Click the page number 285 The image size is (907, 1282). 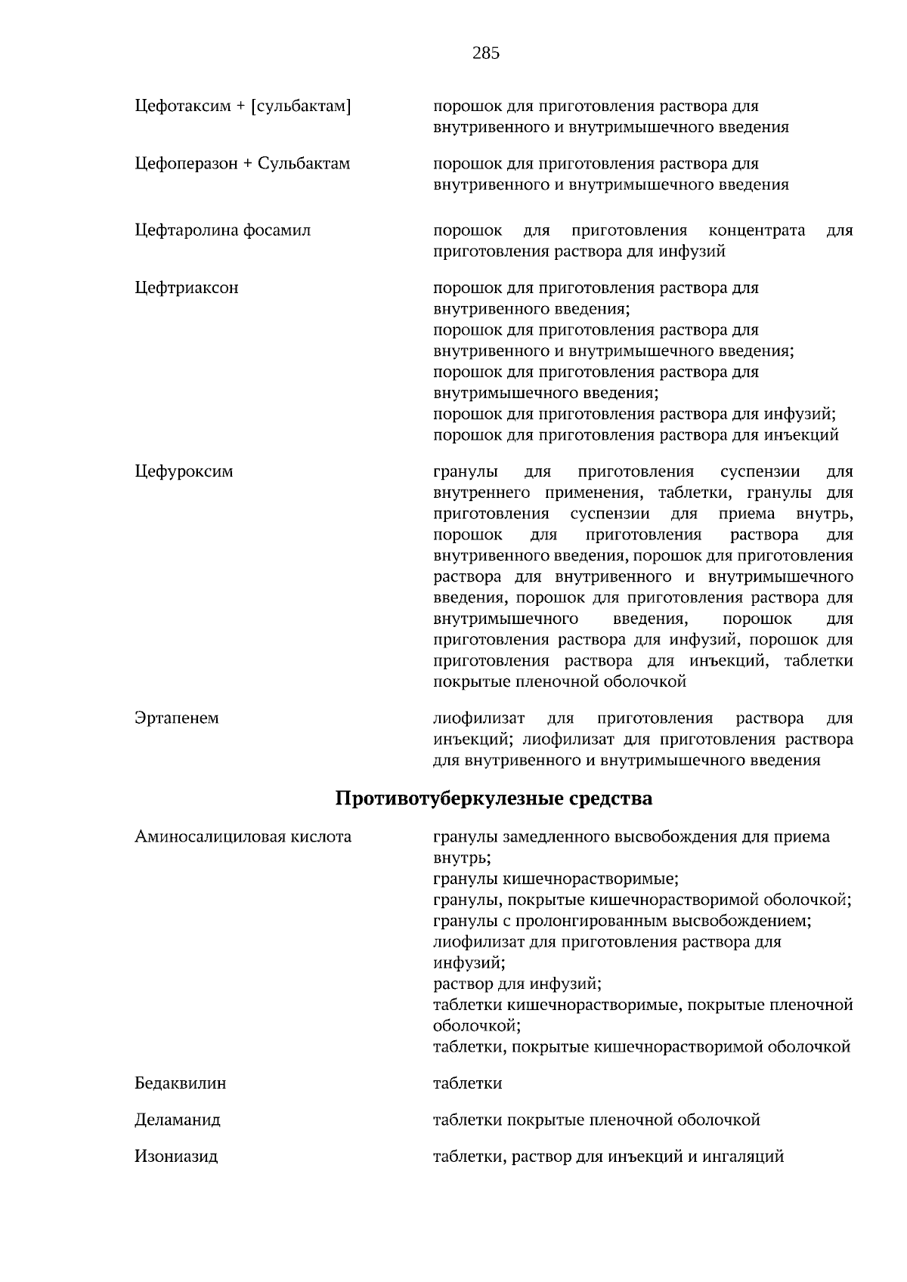(x=485, y=53)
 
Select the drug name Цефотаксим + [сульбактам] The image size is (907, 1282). (x=243, y=107)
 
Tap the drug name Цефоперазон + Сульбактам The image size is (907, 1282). (x=242, y=164)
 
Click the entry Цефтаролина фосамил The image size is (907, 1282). (x=222, y=230)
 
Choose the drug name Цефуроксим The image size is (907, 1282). (x=184, y=472)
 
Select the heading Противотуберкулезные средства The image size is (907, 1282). (x=493, y=799)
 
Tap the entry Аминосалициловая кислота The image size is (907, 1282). (x=243, y=837)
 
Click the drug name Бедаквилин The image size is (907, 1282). (x=180, y=1084)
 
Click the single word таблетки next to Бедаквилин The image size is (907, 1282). (x=467, y=1084)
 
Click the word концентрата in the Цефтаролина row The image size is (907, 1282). (x=757, y=230)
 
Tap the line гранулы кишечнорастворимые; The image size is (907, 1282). (x=556, y=879)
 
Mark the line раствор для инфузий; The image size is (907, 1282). (x=517, y=984)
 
